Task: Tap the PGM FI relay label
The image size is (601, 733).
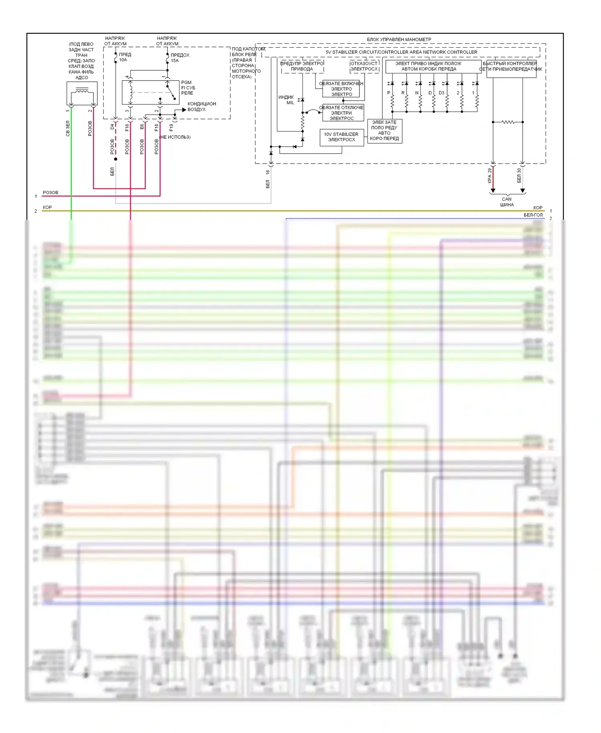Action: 188,87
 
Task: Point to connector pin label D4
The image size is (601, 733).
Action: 112,127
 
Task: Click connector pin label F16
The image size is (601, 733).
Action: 127,128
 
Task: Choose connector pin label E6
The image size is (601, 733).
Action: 142,127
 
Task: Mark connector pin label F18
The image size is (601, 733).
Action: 156,128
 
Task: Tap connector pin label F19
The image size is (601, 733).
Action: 171,128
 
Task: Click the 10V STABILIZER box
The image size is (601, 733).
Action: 341,137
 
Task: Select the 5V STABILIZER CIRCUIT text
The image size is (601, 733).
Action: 401,52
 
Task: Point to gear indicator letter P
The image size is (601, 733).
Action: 388,93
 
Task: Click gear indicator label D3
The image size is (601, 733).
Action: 441,93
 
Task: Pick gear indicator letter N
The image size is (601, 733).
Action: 417,93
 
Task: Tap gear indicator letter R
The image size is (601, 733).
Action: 403,93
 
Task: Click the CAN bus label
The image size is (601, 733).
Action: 506,202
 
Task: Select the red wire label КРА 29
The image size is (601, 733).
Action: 489,176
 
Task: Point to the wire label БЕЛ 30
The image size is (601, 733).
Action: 519,176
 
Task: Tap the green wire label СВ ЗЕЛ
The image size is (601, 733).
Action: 68,128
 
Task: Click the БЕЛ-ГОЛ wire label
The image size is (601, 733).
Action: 533,215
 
